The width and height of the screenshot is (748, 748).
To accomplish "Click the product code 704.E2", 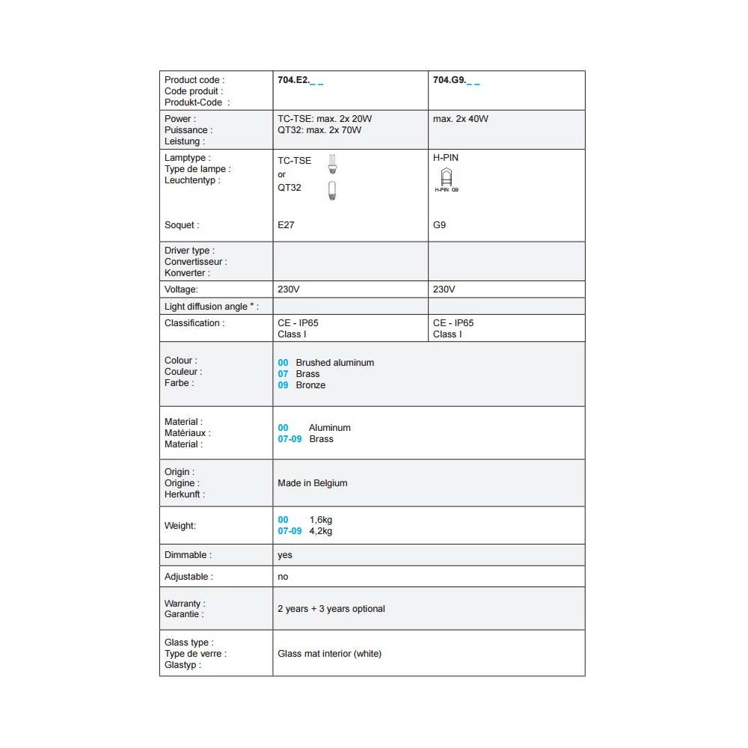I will (293, 80).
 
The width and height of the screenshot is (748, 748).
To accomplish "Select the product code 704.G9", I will (449, 80).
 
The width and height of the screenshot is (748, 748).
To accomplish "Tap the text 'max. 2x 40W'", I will (461, 119).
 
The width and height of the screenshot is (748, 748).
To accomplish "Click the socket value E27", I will (286, 224).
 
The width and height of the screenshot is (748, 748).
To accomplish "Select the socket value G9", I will (439, 224).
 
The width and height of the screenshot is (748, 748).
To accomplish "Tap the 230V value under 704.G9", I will (444, 289).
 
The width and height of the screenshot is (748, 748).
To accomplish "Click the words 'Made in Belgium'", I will (313, 483).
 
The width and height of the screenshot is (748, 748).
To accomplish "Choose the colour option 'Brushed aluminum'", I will (334, 363).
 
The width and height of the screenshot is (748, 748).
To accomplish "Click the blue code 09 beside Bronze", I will (283, 385).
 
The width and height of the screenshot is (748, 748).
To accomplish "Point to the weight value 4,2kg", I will (320, 531).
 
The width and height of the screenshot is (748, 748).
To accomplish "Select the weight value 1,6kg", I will (320, 520).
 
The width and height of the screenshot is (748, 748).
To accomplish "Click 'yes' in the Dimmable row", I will (285, 555).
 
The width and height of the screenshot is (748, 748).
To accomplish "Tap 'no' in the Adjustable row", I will (283, 577).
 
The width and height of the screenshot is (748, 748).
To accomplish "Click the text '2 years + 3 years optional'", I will (331, 609).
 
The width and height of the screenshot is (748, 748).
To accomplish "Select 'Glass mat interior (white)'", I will (329, 654).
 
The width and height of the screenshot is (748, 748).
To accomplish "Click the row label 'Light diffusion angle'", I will (210, 307).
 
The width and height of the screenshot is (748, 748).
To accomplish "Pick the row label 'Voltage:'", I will (181, 289).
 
